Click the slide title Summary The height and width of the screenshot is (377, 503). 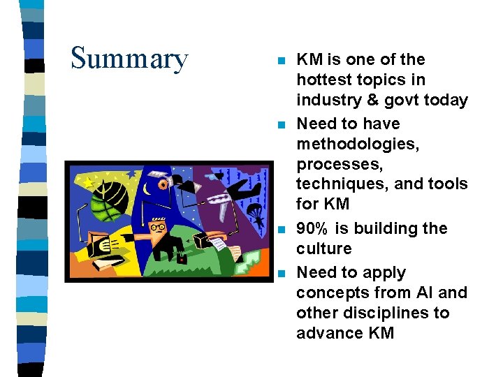pyautogui.click(x=129, y=59)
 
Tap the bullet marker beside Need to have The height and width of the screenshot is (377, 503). pyautogui.click(x=281, y=125)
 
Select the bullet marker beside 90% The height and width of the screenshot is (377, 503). pyautogui.click(x=281, y=230)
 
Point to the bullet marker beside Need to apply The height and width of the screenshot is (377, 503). pyautogui.click(x=281, y=274)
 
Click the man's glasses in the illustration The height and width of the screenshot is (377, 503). pyautogui.click(x=159, y=226)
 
